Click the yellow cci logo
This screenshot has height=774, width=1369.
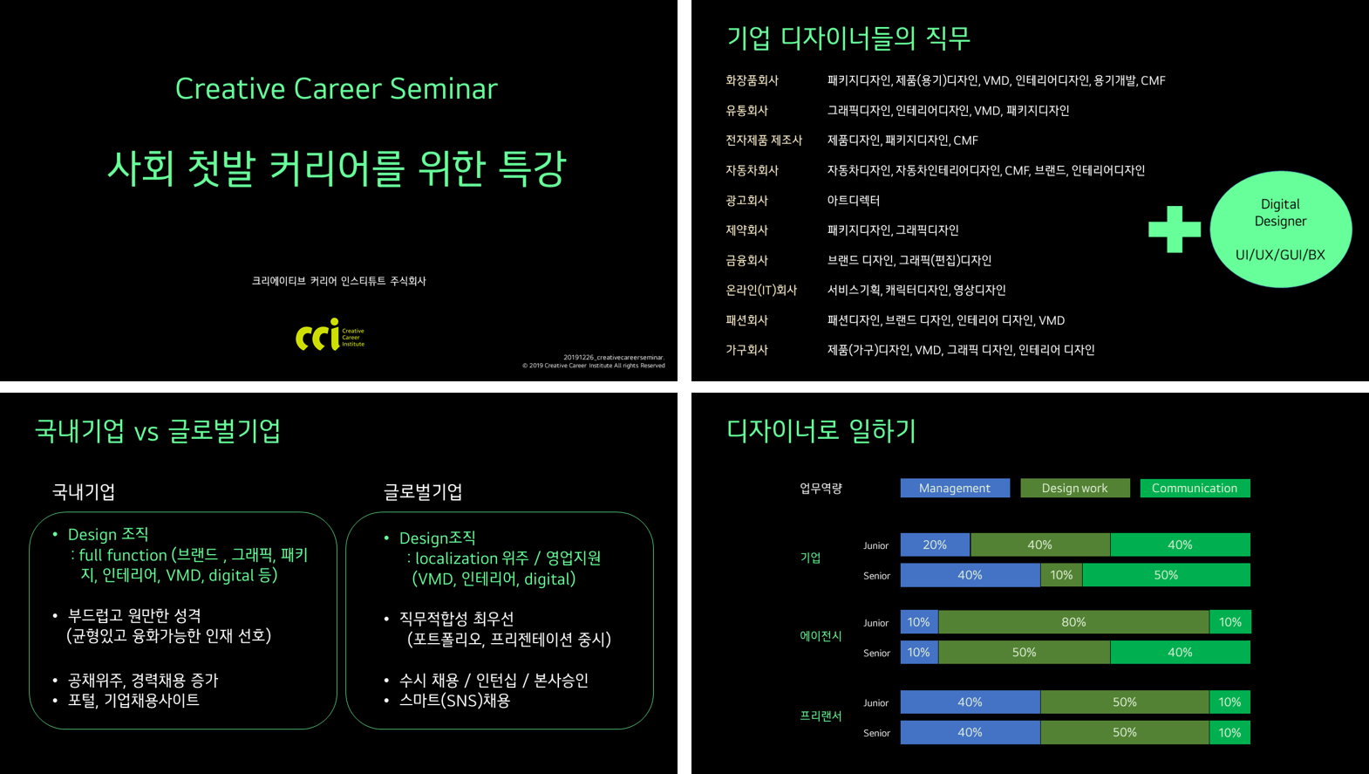pyautogui.click(x=330, y=334)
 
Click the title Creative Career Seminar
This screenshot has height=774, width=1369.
pyautogui.click(x=336, y=89)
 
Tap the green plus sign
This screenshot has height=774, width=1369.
pyautogui.click(x=1174, y=229)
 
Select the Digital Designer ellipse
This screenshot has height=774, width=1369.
pyautogui.click(x=1280, y=229)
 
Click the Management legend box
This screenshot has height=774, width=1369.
pyautogui.click(x=955, y=488)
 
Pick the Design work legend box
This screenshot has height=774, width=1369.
pyautogui.click(x=1074, y=488)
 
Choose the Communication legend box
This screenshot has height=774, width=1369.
pyautogui.click(x=1195, y=488)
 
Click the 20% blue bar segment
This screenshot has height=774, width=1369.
pyautogui.click(x=935, y=545)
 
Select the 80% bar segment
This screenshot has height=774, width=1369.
pyautogui.click(x=1073, y=622)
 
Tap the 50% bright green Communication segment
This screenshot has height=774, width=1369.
pyautogui.click(x=1166, y=575)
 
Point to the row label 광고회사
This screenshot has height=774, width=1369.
pyautogui.click(x=746, y=201)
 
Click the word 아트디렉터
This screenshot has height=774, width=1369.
pyautogui.click(x=853, y=201)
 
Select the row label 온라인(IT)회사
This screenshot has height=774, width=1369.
pyautogui.click(x=761, y=290)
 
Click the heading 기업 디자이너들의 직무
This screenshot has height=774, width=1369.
pyautogui.click(x=848, y=38)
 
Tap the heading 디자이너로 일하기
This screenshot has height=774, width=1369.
pyautogui.click(x=821, y=430)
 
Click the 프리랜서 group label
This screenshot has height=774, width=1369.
pyautogui.click(x=821, y=716)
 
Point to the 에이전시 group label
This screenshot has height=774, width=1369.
pyautogui.click(x=821, y=636)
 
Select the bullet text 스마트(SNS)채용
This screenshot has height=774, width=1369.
pyautogui.click(x=454, y=700)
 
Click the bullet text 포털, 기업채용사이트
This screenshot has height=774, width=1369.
pyautogui.click(x=133, y=700)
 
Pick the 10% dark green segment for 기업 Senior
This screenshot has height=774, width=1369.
pyautogui.click(x=1061, y=575)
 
